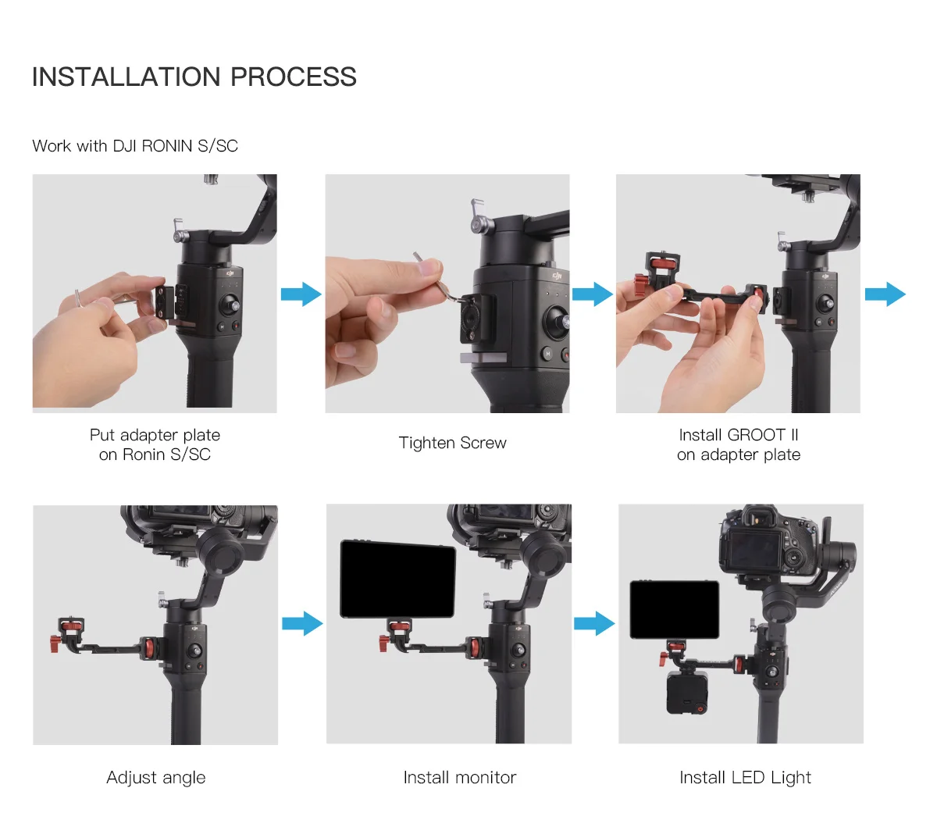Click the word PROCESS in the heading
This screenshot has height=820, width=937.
(x=294, y=77)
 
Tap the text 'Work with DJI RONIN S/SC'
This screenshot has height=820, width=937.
(x=135, y=146)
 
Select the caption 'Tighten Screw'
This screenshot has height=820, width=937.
(x=452, y=443)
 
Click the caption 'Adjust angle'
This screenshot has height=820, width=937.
(x=156, y=778)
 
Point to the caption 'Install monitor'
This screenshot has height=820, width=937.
(x=460, y=777)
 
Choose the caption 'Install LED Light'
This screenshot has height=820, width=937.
(x=745, y=777)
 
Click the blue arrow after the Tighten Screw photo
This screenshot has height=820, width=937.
(x=593, y=294)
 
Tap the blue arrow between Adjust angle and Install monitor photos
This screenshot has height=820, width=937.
(x=303, y=623)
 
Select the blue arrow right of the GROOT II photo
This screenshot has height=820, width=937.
(x=885, y=294)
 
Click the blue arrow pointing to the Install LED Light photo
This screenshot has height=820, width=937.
(x=594, y=623)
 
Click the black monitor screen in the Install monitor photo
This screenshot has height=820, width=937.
(x=398, y=579)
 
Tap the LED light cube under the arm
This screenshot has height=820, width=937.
(x=687, y=692)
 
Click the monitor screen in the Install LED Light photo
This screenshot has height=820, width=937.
(x=674, y=609)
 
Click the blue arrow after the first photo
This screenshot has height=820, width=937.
(x=301, y=294)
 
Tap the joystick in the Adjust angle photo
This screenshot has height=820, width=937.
(x=195, y=651)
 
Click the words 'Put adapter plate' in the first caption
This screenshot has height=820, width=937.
(x=155, y=435)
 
